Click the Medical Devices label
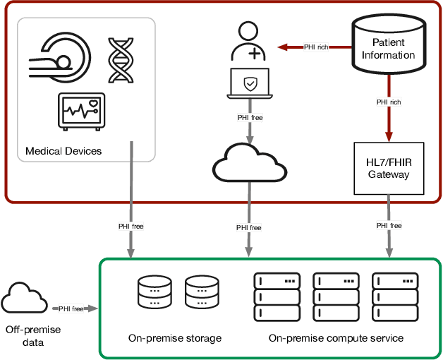(x=63, y=151)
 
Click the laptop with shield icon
(x=250, y=86)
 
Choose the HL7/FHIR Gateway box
(x=389, y=169)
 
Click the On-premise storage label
(x=175, y=338)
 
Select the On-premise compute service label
(x=336, y=338)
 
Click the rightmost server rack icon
(x=399, y=296)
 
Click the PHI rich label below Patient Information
(x=388, y=102)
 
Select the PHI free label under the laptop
(x=250, y=117)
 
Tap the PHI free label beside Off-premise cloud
(x=71, y=308)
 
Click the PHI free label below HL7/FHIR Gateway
(x=389, y=225)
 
